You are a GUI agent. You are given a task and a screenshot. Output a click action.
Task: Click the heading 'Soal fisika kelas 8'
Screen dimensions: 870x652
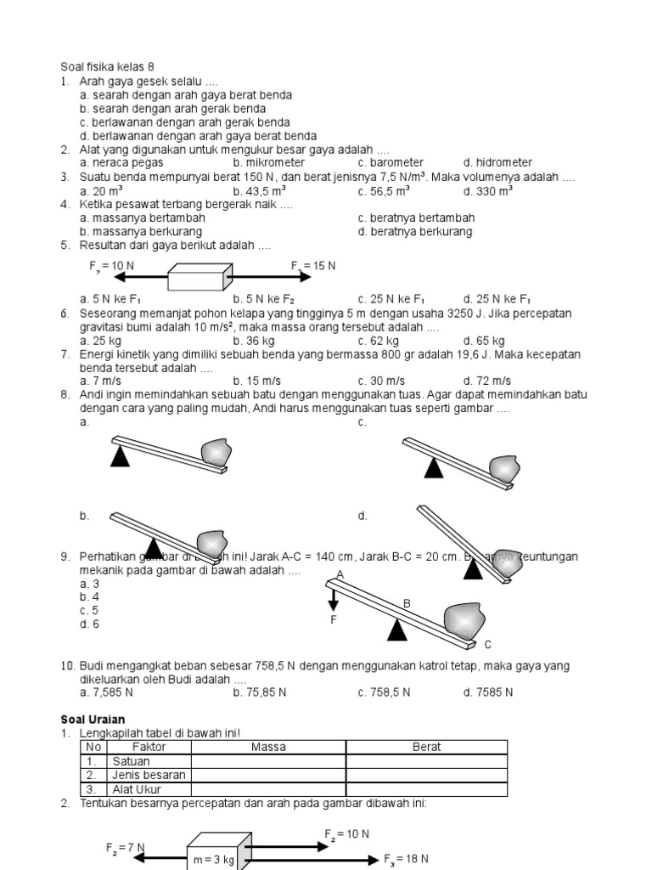coord(107,66)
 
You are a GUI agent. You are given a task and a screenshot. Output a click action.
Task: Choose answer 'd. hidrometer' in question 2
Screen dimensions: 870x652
coord(497,162)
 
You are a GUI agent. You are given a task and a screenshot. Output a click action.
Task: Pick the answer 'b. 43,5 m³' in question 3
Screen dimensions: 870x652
coord(263,192)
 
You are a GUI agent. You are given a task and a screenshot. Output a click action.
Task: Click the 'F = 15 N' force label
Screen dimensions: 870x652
coord(313,266)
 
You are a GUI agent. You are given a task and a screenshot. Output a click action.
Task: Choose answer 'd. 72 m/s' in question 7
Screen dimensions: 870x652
coord(486,381)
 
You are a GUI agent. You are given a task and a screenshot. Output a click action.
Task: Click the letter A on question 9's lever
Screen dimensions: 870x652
coord(340,575)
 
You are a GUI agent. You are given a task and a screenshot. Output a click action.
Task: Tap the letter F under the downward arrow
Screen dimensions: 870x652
coord(334,620)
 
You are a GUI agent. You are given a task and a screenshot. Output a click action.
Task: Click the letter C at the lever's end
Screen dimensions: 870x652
coord(487,644)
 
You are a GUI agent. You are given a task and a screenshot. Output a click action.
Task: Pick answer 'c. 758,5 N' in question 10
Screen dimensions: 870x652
coord(384,692)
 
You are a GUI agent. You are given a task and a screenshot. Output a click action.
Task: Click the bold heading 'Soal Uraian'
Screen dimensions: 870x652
coord(93,720)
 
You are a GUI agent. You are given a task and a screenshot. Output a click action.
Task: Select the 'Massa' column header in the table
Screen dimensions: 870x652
coord(268,747)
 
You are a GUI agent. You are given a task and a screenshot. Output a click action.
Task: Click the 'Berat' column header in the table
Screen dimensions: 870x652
coord(426,747)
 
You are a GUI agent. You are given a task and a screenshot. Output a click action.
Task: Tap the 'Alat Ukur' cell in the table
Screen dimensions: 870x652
coord(136,789)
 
